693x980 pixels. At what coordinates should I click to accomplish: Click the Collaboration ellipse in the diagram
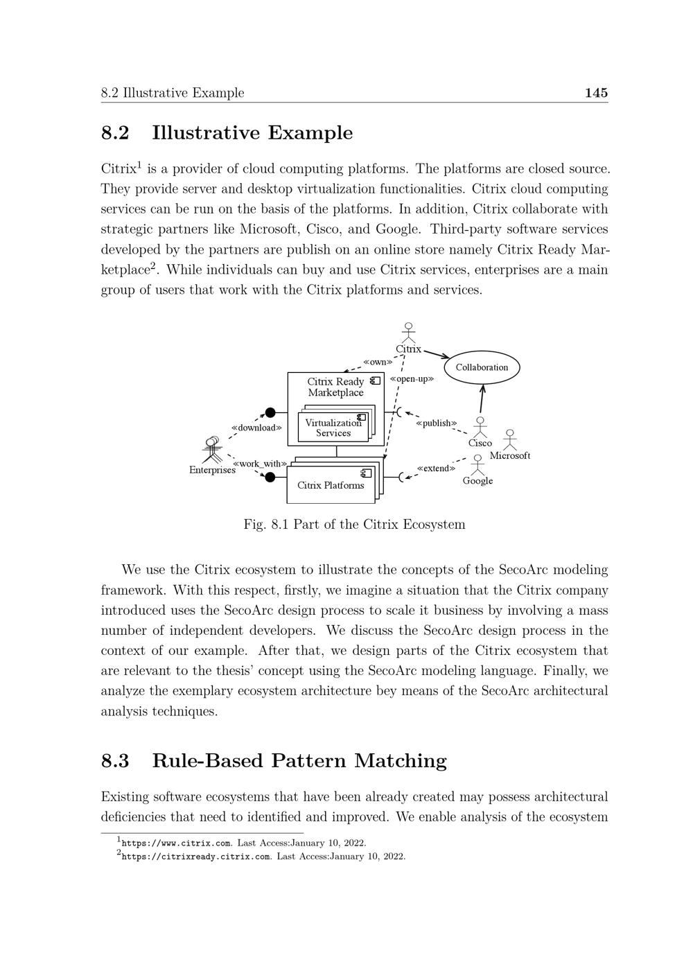tap(482, 367)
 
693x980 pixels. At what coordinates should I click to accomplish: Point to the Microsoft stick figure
tap(510, 440)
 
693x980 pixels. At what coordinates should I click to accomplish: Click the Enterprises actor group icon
tap(212, 450)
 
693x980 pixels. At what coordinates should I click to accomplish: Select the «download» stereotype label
tap(256, 428)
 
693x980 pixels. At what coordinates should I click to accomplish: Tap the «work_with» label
tap(259, 464)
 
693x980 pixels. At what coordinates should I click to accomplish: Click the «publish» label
tap(436, 423)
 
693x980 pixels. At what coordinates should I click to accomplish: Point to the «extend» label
tap(436, 468)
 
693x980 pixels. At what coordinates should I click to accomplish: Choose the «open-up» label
tap(412, 379)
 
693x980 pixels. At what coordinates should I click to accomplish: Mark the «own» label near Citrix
tap(378, 362)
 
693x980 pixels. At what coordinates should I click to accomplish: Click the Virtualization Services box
tap(333, 428)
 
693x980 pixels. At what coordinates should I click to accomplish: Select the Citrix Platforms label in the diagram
tap(331, 485)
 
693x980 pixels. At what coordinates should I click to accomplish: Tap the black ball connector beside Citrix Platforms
tap(270, 478)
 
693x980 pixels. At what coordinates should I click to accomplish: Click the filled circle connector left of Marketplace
tap(270, 412)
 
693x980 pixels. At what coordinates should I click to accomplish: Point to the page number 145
tap(596, 93)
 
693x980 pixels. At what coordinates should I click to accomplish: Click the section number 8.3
tap(115, 760)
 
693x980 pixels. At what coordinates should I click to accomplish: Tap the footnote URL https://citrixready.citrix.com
tap(195, 856)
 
